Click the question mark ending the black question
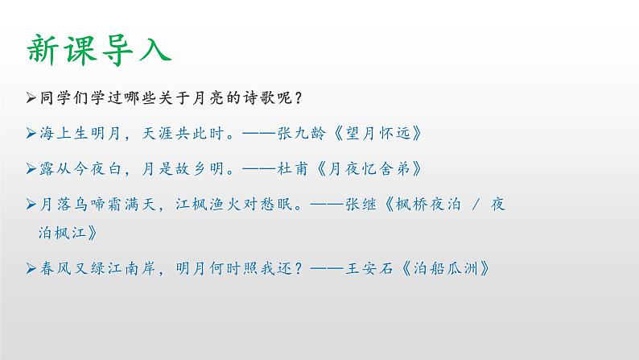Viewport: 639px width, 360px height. (x=298, y=97)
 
